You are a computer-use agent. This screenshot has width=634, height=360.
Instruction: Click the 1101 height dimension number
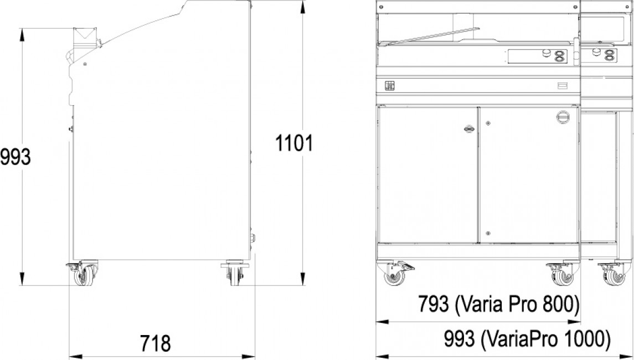(x=294, y=143)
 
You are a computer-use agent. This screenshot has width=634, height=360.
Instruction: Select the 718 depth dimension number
(x=155, y=343)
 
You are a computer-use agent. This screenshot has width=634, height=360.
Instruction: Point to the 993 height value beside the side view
(x=16, y=157)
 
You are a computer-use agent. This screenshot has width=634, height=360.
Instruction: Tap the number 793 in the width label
(x=433, y=304)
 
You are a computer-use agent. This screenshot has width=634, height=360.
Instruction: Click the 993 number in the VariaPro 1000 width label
(x=460, y=338)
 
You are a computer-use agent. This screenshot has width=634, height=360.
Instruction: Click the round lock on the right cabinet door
(x=563, y=117)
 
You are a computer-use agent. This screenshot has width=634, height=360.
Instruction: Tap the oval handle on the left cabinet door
(x=469, y=129)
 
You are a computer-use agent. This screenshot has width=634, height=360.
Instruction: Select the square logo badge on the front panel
(x=389, y=86)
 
